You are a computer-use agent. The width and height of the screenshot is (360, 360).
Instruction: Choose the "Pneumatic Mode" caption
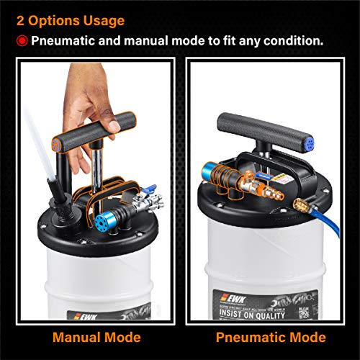[x=270, y=336]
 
